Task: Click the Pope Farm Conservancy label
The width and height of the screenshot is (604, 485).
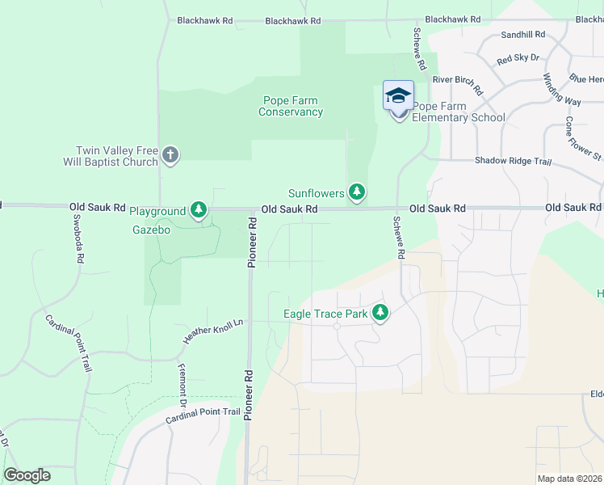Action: [291, 106]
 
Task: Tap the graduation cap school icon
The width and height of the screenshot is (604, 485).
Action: [398, 95]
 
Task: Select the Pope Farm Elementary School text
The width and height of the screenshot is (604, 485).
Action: [458, 112]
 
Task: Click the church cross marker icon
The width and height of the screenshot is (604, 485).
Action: [170, 154]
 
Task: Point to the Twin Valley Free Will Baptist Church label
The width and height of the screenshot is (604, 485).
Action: [111, 156]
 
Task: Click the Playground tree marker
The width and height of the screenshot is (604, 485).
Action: [199, 211]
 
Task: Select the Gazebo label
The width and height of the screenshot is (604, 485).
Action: [151, 230]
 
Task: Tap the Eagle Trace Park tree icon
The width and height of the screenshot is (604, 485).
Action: [380, 313]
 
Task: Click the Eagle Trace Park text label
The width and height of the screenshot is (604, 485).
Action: [325, 314]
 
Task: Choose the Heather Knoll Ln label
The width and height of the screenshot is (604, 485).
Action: [201, 332]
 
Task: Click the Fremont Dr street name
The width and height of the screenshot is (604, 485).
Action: [182, 385]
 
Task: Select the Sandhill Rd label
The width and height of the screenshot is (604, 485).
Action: [522, 36]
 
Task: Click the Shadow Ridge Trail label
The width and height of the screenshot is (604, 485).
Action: [513, 162]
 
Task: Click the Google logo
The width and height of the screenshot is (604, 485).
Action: [27, 474]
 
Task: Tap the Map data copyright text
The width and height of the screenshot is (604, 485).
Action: [570, 479]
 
